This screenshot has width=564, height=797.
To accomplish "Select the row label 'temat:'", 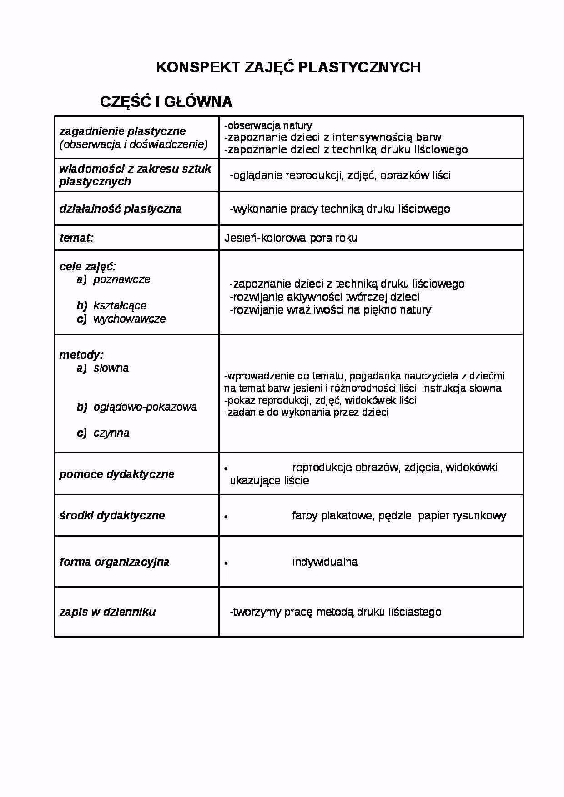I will point(76,238).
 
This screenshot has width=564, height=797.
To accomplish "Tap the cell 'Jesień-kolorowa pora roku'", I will point(290,238).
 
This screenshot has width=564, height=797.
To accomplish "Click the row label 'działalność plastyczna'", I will point(121,209).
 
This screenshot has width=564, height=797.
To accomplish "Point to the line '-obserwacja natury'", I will point(268,125).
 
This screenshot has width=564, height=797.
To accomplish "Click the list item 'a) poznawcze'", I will point(114,279).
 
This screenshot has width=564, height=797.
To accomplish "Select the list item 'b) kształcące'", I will point(112,306).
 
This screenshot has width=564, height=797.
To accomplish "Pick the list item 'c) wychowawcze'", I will point(121,319).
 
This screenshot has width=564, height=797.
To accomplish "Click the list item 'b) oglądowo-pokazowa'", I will point(137,407).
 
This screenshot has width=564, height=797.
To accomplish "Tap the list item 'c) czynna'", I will point(103,433).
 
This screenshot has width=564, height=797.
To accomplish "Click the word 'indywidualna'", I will point(325,562).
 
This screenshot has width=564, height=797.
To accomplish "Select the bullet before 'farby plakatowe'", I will point(226,517).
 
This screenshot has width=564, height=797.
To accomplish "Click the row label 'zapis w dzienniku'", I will point(107,612).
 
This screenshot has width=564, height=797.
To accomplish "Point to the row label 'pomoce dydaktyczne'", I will point(117,474).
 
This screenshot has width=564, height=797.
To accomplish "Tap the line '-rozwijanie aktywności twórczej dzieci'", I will point(324,297).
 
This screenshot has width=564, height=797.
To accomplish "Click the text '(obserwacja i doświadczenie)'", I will point(134,144).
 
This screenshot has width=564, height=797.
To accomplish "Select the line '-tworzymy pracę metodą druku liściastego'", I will point(335,612).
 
